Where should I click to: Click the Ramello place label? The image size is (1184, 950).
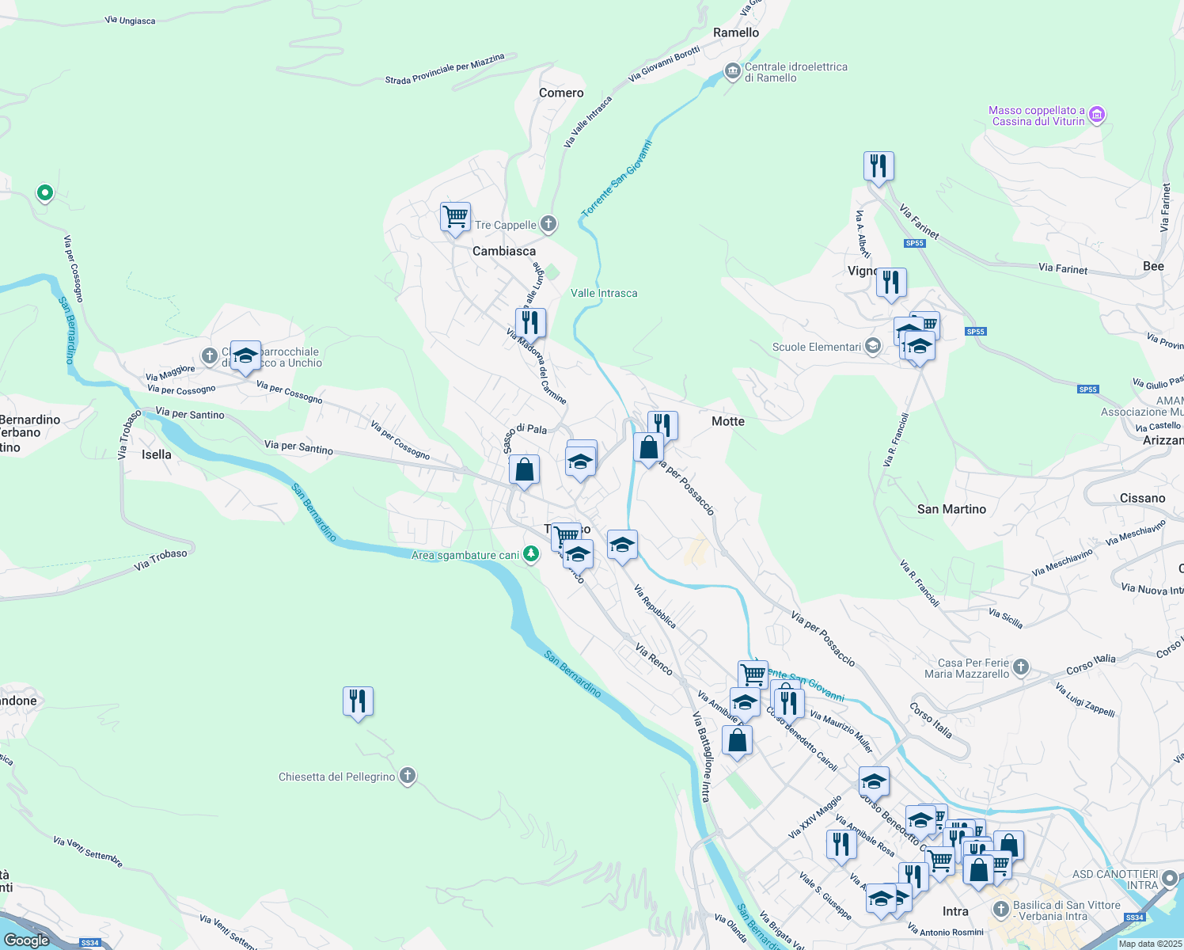[x=736, y=32]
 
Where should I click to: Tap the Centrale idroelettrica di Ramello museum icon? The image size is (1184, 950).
[x=732, y=72]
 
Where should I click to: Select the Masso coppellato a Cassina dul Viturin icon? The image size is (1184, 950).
[x=1097, y=116]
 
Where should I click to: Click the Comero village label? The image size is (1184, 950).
[x=561, y=93]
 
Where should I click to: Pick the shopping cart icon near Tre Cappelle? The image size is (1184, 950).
[x=456, y=216]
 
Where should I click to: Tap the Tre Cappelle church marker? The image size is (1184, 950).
[x=548, y=225]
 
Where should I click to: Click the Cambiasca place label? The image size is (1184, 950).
[x=504, y=251]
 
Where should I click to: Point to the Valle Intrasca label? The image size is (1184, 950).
[x=604, y=293]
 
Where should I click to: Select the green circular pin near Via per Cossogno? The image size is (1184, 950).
[x=45, y=192]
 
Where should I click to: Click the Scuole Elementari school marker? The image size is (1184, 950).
[x=872, y=347]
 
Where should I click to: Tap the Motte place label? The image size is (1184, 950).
[x=727, y=421]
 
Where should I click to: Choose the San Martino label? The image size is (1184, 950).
[x=951, y=509]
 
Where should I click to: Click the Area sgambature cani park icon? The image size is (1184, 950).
[x=531, y=555]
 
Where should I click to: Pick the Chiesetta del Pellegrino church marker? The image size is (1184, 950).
[x=408, y=776]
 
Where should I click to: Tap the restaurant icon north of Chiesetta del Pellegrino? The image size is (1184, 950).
[x=358, y=701]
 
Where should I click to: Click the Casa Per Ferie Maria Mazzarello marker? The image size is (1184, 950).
[x=1021, y=667]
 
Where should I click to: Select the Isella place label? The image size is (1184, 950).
[x=156, y=454]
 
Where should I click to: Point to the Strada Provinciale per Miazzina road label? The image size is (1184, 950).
[x=445, y=70]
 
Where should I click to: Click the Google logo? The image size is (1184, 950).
[x=27, y=940]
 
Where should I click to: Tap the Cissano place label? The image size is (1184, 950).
[x=1142, y=498]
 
